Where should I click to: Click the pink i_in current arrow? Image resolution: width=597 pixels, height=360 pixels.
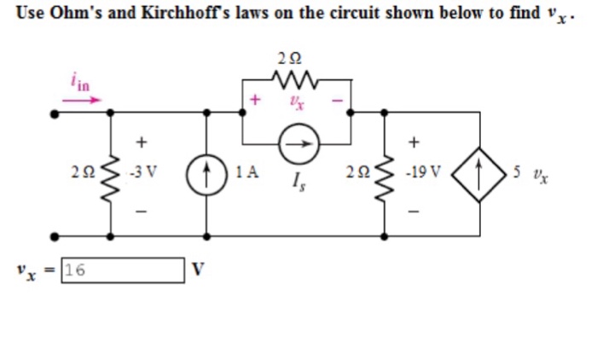(81, 99)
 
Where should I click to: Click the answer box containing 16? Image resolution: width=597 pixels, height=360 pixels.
(123, 270)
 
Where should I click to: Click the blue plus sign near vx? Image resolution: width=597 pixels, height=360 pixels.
(254, 101)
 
